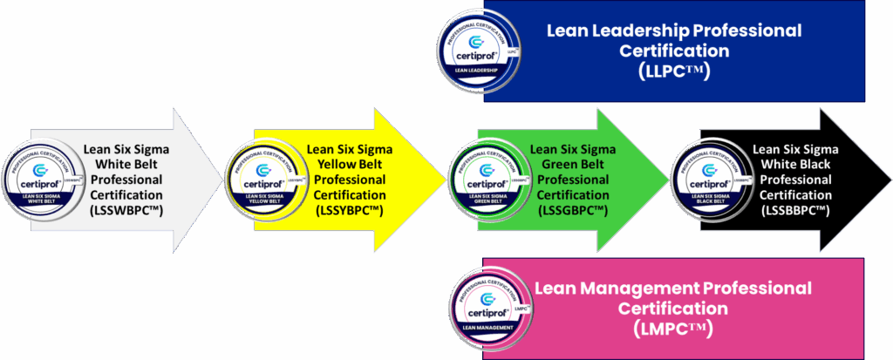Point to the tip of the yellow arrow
[x=444, y=180]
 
